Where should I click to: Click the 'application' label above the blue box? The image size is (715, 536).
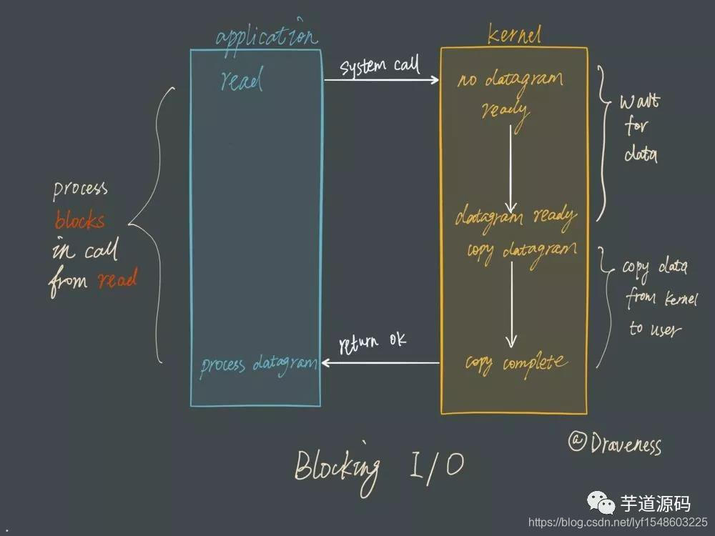(266, 36)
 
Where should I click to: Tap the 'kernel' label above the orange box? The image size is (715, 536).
(514, 34)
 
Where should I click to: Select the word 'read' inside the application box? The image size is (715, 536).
(242, 80)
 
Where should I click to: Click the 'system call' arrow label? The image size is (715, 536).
(380, 67)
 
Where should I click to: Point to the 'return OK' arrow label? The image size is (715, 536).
(373, 342)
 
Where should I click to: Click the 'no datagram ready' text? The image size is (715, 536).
(509, 93)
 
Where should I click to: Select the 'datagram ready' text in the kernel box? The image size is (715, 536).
(516, 216)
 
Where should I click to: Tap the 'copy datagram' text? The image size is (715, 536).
(521, 252)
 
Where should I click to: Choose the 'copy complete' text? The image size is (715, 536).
(516, 362)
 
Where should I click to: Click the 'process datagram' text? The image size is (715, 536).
(258, 364)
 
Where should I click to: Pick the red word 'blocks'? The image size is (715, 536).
(79, 221)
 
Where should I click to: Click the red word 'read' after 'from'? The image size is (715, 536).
(117, 280)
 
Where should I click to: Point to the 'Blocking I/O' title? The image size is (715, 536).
(379, 467)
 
